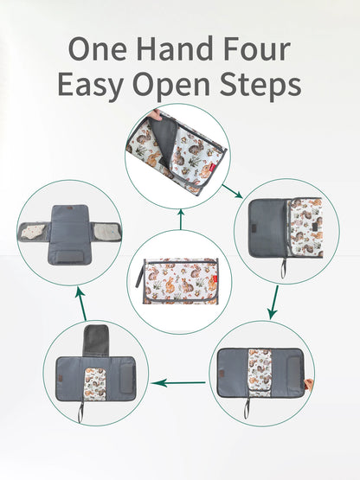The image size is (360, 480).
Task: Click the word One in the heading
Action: coord(97,49)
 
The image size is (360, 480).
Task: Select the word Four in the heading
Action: coord(257,49)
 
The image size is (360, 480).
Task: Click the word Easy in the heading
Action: coord(90,86)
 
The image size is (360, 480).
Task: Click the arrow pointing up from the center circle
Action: coord(181,219)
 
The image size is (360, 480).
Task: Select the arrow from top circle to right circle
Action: coord(232,191)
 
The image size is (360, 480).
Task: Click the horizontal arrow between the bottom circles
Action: coord(178,382)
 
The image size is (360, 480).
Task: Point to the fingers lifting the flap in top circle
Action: coord(156,116)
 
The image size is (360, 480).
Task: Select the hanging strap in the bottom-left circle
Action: coord(80,413)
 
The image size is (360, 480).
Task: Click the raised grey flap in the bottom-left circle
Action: coord(96,341)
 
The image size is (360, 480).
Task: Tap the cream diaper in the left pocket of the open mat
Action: coord(34,231)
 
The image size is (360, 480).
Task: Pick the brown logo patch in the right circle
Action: coord(254,228)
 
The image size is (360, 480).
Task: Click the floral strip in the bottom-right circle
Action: coord(260,372)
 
